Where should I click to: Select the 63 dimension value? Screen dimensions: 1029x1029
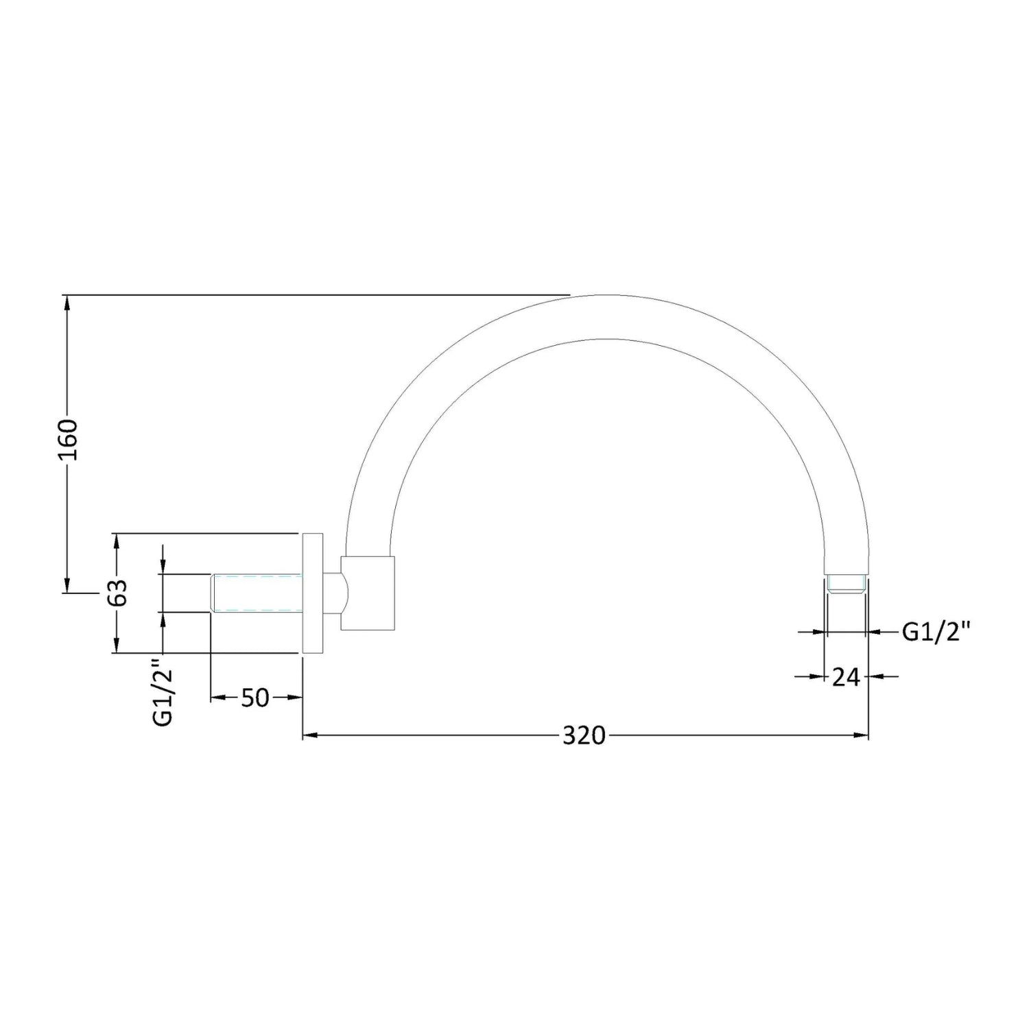[118, 592]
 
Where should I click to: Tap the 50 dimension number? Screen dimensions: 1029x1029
[255, 698]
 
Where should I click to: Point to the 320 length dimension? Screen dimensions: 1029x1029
[584, 735]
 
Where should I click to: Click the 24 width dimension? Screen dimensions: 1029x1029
[846, 677]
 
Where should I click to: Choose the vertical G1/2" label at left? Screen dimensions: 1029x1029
[162, 693]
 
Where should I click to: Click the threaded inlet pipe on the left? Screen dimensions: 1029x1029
[257, 592]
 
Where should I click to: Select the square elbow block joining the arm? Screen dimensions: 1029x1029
[368, 592]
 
